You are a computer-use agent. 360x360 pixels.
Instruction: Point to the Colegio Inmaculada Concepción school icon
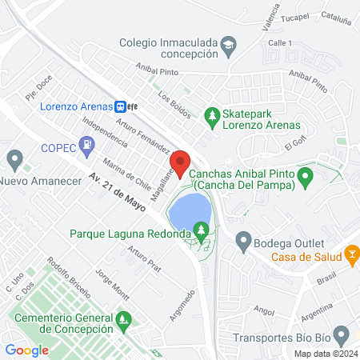229,43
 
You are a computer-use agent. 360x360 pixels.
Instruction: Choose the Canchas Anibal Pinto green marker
304,175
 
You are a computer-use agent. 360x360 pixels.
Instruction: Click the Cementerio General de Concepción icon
122,322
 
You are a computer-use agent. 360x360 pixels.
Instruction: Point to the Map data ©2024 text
324,354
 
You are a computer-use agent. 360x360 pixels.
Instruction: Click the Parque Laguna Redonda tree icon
202,233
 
